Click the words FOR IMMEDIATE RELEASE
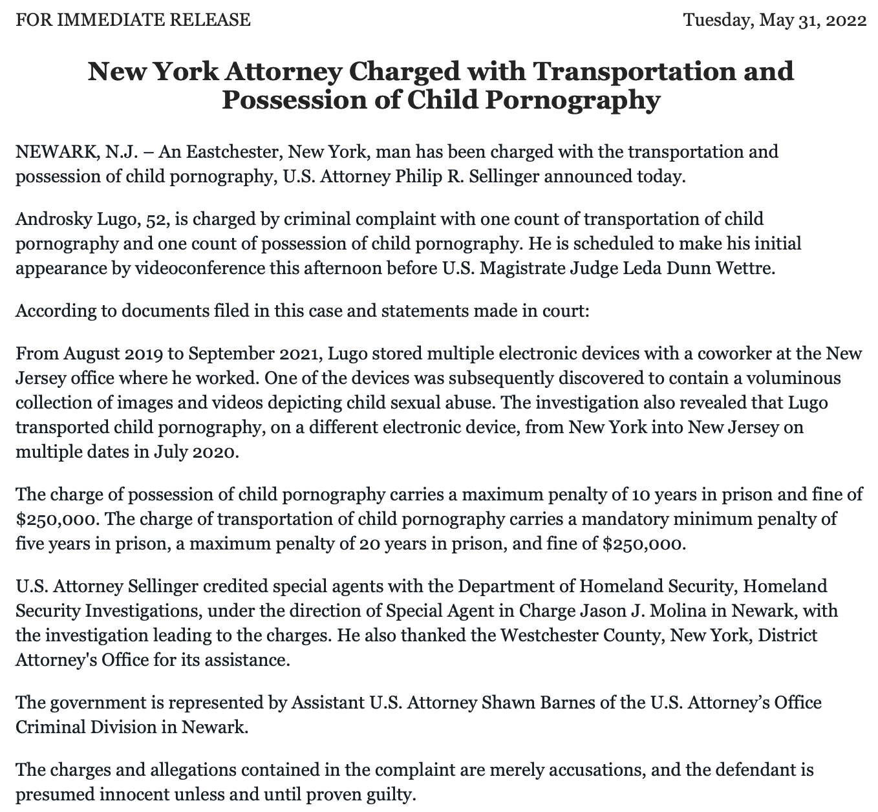tap(133, 20)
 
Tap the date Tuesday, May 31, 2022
tap(775, 20)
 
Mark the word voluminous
tap(786, 378)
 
